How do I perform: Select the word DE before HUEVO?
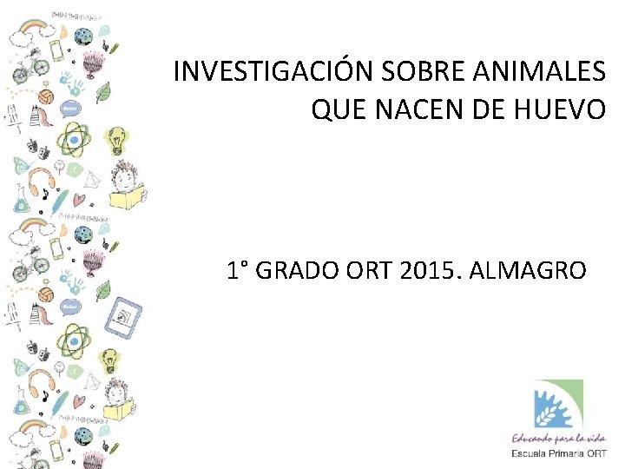tap(486, 109)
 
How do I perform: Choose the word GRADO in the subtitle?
tap(300, 270)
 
